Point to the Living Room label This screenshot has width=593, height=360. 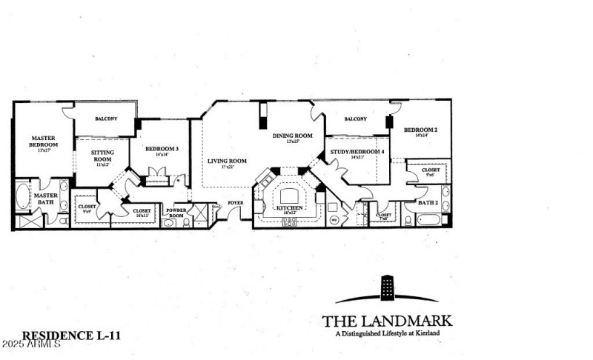click(x=227, y=161)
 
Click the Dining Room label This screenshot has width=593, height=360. click(x=292, y=136)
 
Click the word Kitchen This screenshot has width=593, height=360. click(x=290, y=209)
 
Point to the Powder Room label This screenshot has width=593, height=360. click(x=176, y=212)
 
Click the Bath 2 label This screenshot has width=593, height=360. click(x=427, y=202)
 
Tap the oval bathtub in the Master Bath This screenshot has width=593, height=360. click(x=21, y=199)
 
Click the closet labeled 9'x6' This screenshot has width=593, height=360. click(x=431, y=171)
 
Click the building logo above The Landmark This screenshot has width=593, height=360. click(x=387, y=289)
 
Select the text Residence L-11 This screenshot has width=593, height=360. click(x=71, y=336)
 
